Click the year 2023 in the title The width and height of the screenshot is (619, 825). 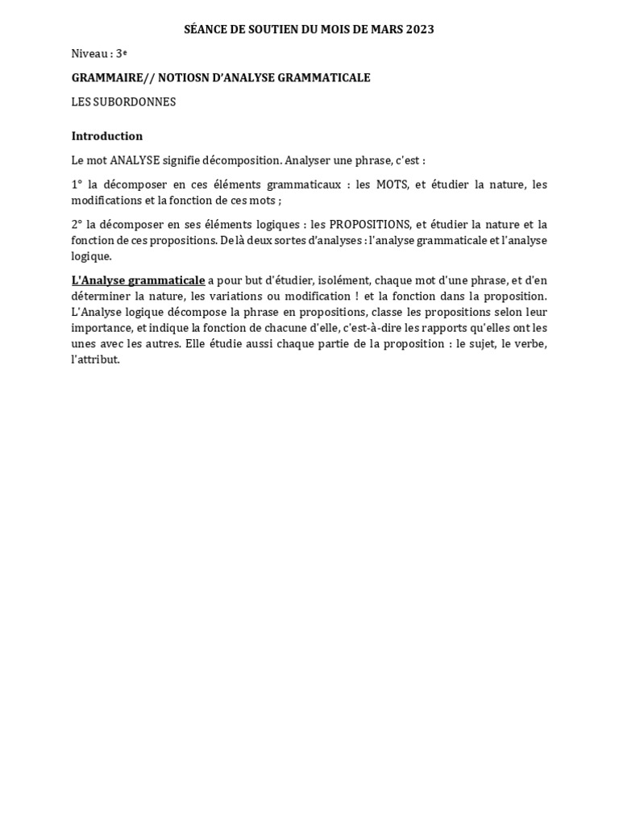tap(418, 30)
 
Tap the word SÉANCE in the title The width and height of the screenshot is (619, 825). tap(205, 30)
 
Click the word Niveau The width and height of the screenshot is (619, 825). tap(89, 54)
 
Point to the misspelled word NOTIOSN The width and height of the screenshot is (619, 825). tap(186, 78)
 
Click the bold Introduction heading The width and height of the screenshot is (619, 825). tap(107, 136)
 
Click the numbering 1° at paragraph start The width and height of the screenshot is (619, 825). tap(78, 184)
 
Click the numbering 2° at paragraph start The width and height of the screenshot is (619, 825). tap(78, 224)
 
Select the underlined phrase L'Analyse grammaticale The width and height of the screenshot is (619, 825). tap(138, 280)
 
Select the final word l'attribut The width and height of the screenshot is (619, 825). tap(95, 359)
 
